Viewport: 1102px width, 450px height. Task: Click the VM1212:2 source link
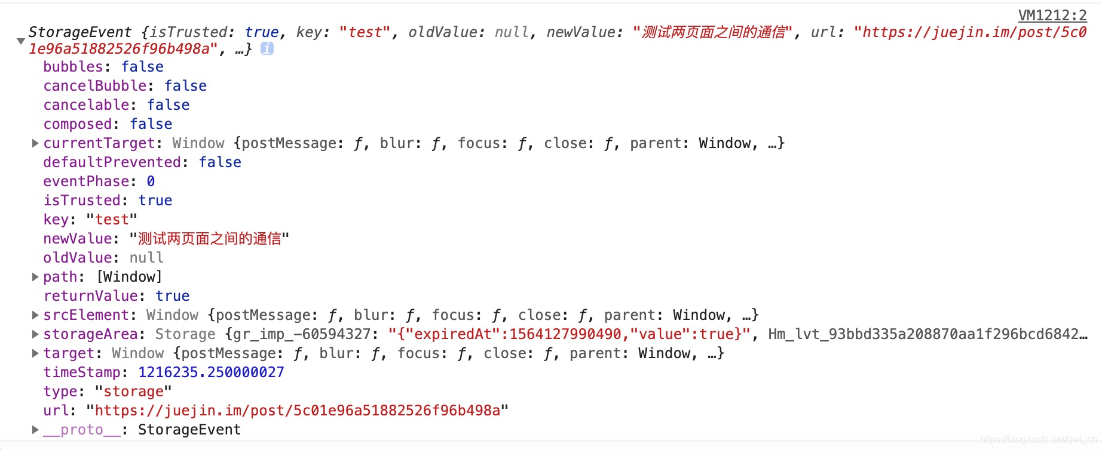pos(1052,15)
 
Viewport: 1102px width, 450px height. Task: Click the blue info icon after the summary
pos(267,49)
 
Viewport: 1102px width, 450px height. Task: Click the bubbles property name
pos(73,67)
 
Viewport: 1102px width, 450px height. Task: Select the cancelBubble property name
pos(94,86)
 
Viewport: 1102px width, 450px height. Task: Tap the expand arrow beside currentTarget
pos(35,143)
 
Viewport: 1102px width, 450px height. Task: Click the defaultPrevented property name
pos(112,162)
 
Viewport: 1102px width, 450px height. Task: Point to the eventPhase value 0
pos(151,181)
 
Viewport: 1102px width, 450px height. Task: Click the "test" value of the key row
pos(112,220)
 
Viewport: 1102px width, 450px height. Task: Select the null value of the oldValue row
pos(146,258)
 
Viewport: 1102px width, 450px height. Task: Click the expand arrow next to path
pos(35,277)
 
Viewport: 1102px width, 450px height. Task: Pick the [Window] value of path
pos(129,277)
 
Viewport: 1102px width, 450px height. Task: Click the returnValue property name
pos(90,296)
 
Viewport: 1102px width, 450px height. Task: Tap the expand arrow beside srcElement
pos(35,315)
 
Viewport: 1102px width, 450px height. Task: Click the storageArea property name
pos(90,334)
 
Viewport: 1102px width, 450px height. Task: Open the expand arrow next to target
pos(35,353)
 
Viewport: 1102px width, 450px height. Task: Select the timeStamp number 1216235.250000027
pos(211,372)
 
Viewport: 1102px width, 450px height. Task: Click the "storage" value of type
pos(133,392)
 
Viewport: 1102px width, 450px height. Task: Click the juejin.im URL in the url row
pos(297,411)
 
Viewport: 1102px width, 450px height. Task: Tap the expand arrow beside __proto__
pos(35,430)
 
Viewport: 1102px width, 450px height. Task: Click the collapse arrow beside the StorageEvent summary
pos(20,41)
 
